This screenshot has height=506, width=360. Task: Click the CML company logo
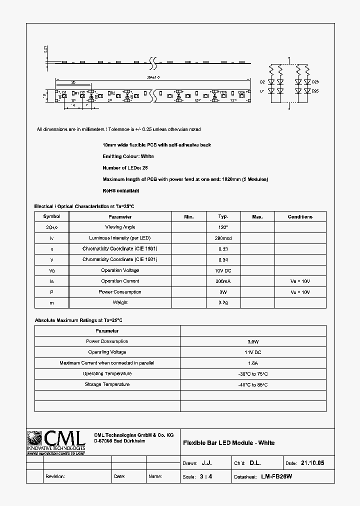(x=55, y=442)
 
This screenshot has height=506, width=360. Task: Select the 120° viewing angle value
(x=223, y=227)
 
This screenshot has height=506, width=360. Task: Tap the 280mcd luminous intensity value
(x=223, y=238)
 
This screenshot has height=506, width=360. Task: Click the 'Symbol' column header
(x=51, y=216)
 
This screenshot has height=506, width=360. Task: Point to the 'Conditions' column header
(x=300, y=216)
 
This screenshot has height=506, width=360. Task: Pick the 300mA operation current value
(x=223, y=281)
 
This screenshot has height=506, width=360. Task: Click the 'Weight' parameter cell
(x=120, y=302)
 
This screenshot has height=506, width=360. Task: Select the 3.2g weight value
(x=223, y=302)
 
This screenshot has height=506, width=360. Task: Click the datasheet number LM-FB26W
(x=276, y=476)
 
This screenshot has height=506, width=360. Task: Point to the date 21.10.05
(x=312, y=463)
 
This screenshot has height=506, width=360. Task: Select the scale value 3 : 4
(x=206, y=476)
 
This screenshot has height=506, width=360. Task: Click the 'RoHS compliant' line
(x=121, y=190)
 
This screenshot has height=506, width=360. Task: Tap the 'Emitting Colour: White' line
(x=128, y=156)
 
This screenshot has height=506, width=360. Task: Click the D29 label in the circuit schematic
(x=315, y=82)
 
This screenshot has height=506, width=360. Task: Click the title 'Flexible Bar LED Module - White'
(x=228, y=442)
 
